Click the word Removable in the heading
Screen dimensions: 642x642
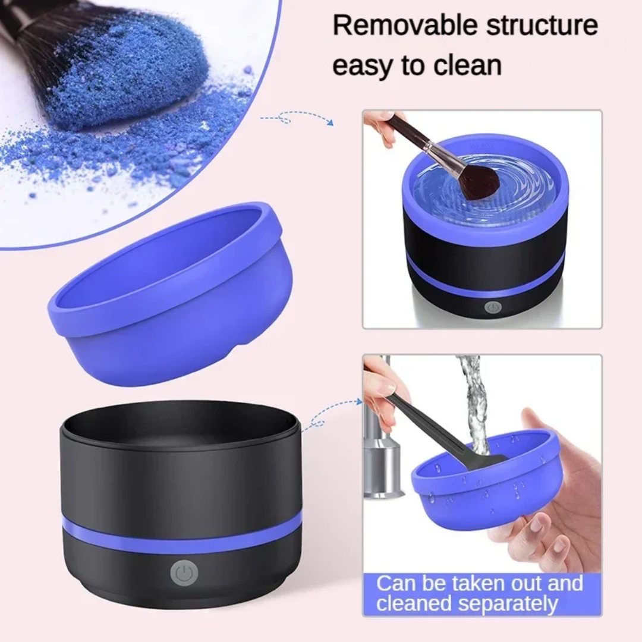(405, 25)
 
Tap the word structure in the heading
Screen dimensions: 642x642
(542, 26)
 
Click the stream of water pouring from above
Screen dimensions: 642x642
(473, 405)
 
